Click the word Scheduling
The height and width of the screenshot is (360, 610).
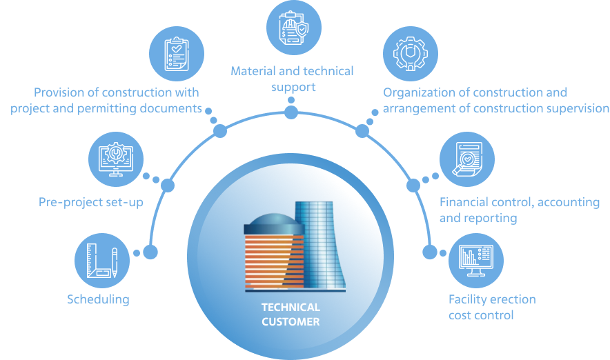98,299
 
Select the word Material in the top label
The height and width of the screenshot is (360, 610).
252,71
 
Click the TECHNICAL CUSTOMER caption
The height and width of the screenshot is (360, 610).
291,314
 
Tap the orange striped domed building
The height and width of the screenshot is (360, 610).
272,252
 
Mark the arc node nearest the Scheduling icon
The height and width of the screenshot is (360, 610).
150,252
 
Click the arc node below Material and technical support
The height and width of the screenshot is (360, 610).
291,112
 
